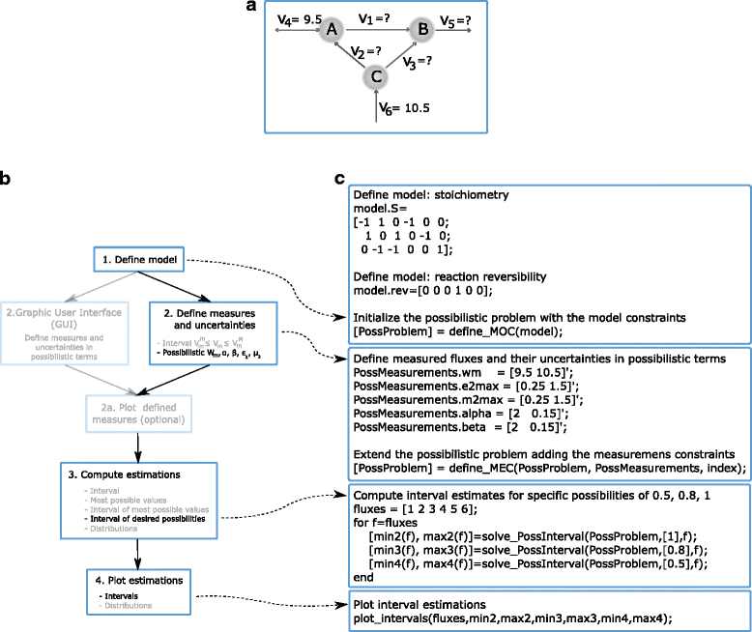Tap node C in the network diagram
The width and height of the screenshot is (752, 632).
click(x=377, y=75)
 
